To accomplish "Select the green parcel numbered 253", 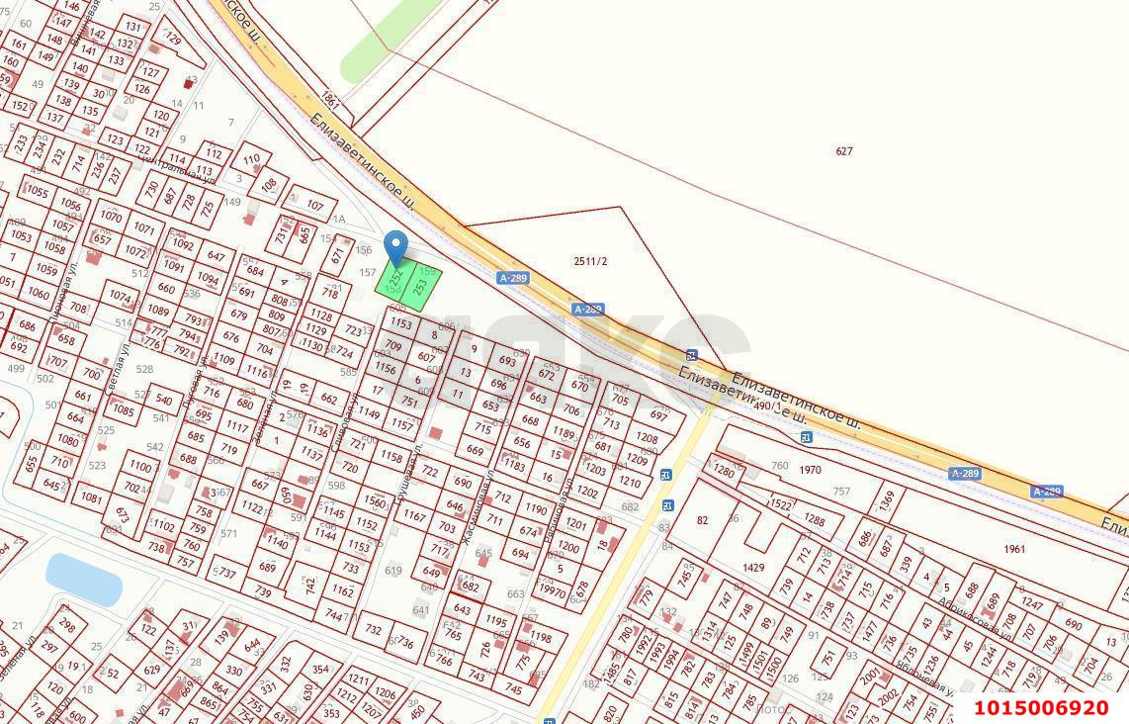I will tap(420, 288).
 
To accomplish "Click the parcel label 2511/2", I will tap(590, 261).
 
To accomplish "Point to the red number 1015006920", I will tap(1041, 708).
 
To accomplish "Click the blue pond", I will tap(83, 579).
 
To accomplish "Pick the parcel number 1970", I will tap(811, 470).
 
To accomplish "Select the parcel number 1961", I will tap(1013, 549).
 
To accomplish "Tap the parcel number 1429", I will tap(753, 567).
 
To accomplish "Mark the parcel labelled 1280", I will tap(725, 472).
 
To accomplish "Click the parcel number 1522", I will tap(781, 504).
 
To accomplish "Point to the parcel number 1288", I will tap(814, 519).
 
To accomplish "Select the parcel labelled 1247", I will tap(1032, 602).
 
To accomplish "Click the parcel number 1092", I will tap(182, 244).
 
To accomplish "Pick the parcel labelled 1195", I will tap(496, 620).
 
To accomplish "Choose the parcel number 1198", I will tap(541, 638).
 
